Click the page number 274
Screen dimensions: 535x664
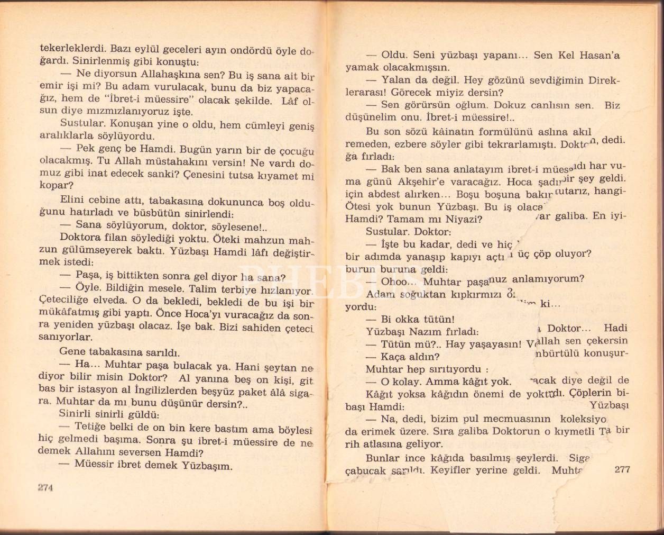pyautogui.click(x=46, y=488)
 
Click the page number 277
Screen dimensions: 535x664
pyautogui.click(x=622, y=469)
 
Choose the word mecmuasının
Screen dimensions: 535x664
pyautogui.click(x=504, y=419)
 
